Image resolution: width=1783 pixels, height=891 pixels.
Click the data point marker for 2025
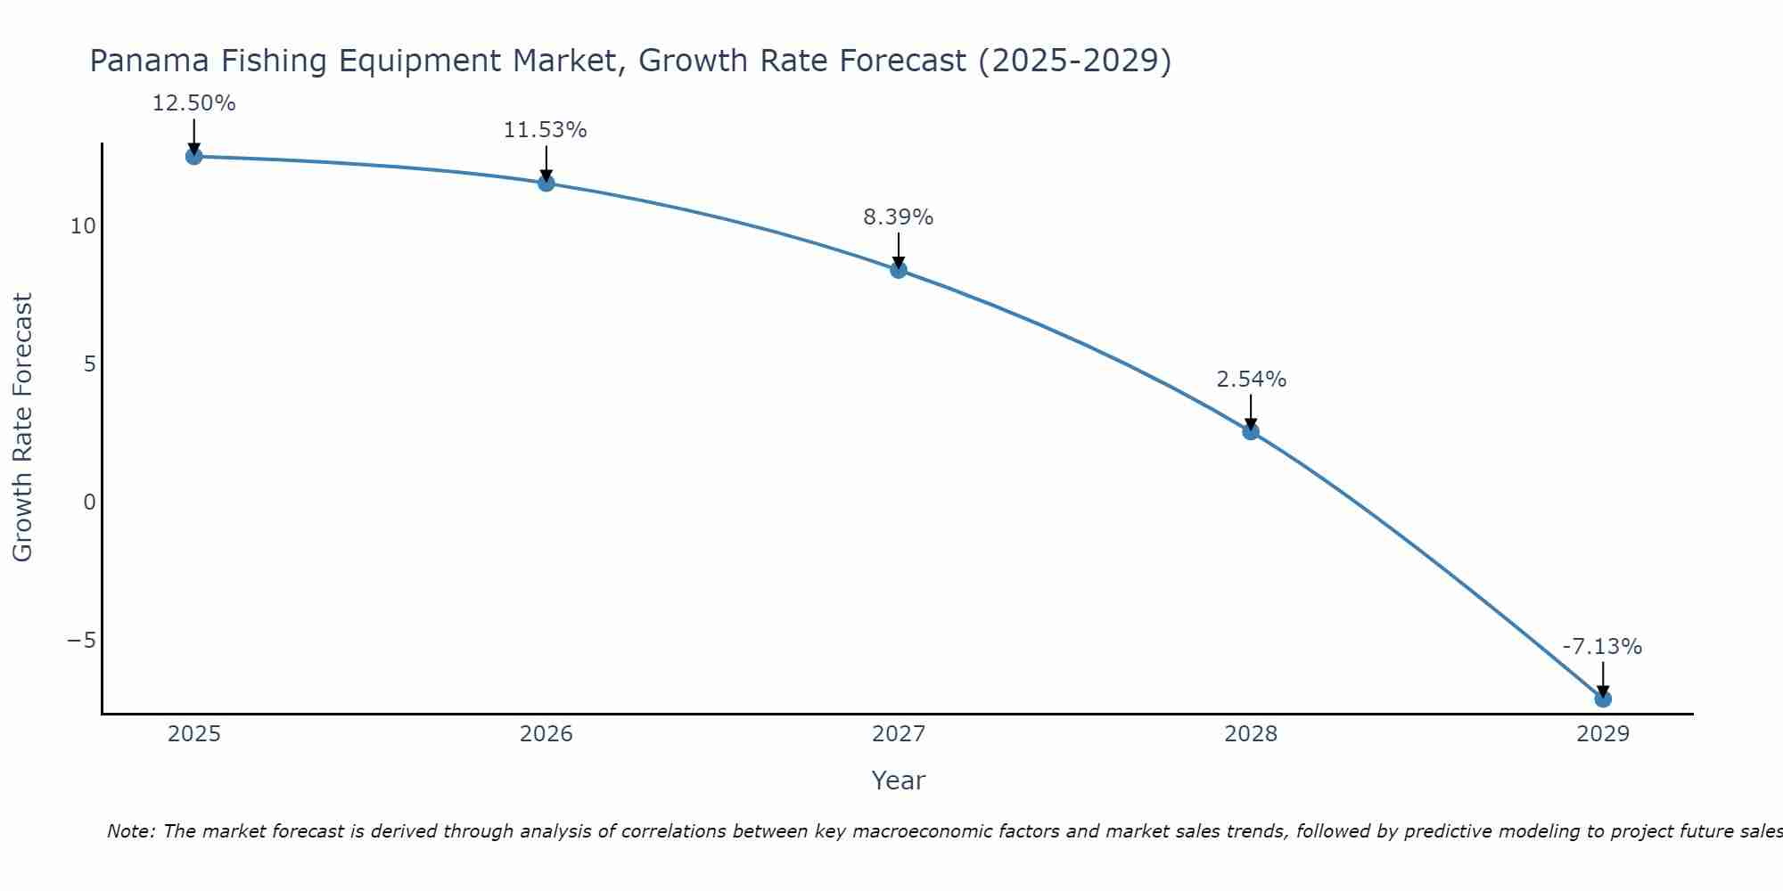(x=193, y=157)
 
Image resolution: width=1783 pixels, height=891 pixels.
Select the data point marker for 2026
(x=546, y=184)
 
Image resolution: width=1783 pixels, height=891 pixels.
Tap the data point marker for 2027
(x=899, y=270)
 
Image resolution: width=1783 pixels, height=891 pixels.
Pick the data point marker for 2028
(x=1251, y=432)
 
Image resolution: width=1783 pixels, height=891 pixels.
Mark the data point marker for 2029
(x=1603, y=699)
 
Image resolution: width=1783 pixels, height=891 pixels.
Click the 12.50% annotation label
(x=193, y=103)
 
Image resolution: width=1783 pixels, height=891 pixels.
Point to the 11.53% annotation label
(x=546, y=130)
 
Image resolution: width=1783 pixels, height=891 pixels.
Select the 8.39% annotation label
(x=898, y=217)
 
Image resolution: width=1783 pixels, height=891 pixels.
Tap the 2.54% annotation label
(x=1251, y=380)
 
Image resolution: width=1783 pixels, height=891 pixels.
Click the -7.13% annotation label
(x=1602, y=647)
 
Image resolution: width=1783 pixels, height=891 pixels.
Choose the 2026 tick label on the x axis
(x=546, y=734)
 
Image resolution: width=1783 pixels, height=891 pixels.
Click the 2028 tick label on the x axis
(x=1251, y=734)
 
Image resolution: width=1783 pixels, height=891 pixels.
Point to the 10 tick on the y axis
(x=83, y=226)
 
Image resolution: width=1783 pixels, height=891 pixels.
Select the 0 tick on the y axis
(x=89, y=503)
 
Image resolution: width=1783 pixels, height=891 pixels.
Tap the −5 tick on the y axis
(x=81, y=641)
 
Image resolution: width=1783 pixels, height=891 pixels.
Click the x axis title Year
(x=898, y=781)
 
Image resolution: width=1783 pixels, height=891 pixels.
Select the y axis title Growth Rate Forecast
(x=22, y=428)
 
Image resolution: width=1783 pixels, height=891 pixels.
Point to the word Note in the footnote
(x=130, y=831)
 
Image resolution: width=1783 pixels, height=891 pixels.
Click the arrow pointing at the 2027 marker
(x=899, y=249)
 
